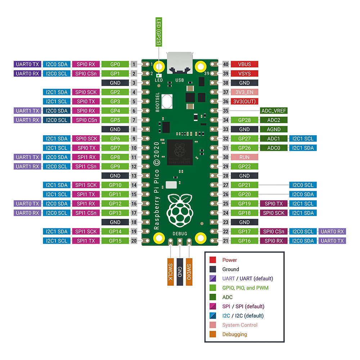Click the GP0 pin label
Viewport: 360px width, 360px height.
(x=115, y=64)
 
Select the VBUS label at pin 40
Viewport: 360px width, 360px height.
(x=244, y=64)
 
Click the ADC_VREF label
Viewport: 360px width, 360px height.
(x=274, y=111)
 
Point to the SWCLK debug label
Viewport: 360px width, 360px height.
(x=171, y=271)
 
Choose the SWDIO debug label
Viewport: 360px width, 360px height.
(x=189, y=271)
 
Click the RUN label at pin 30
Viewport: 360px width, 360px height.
(x=244, y=157)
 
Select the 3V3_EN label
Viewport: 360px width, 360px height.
(x=244, y=92)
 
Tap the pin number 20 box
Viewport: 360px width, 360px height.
(x=134, y=241)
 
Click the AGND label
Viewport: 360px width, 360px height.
(x=274, y=129)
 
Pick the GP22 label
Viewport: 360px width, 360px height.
(x=244, y=167)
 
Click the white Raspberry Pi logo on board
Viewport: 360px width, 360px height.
(x=179, y=211)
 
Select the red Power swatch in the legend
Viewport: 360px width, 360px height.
(x=213, y=260)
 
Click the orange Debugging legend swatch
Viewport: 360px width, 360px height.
(x=213, y=334)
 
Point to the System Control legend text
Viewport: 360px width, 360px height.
(x=240, y=325)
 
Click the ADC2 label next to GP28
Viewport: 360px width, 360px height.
(x=274, y=120)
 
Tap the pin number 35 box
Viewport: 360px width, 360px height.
(x=226, y=111)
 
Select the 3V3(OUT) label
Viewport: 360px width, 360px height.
(x=244, y=102)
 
